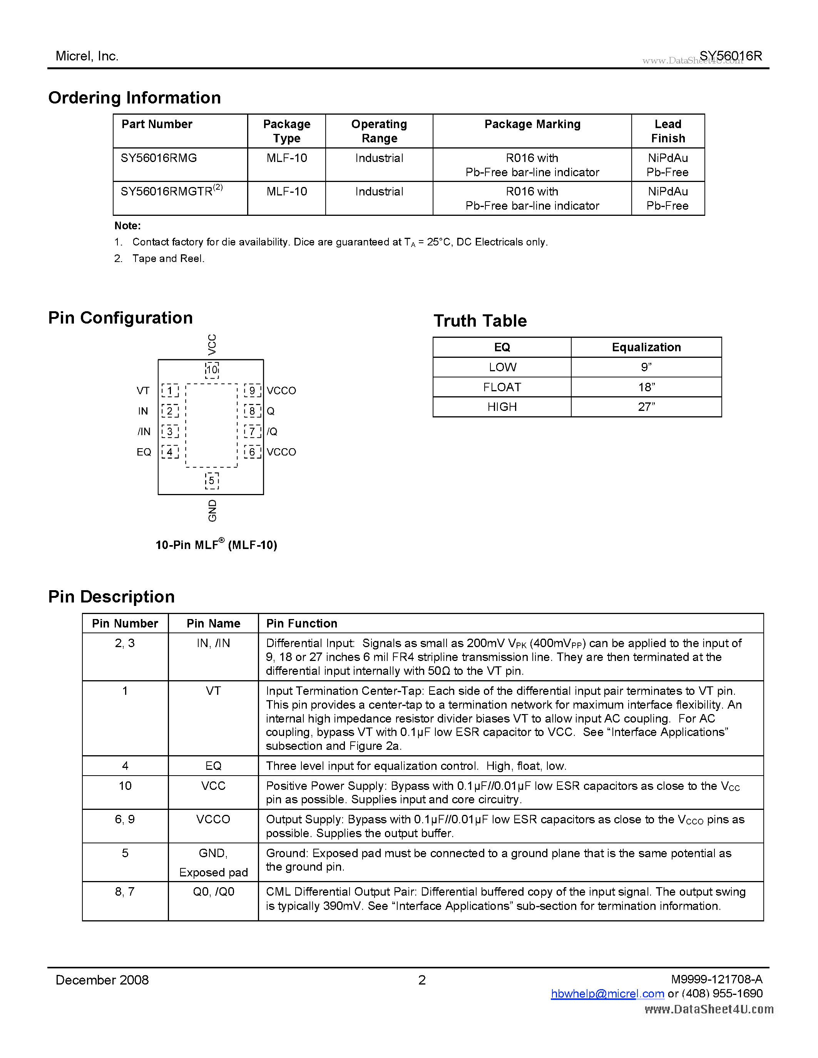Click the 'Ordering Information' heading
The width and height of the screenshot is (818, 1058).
(134, 97)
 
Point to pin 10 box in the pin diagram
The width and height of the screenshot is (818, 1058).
(212, 370)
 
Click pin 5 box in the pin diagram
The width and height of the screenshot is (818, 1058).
(212, 481)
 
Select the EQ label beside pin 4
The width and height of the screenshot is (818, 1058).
(144, 452)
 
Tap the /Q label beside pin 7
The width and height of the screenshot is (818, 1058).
(272, 432)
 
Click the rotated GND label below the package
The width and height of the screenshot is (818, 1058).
(212, 511)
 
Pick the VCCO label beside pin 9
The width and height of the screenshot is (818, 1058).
(281, 390)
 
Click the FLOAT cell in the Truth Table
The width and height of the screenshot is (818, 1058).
(502, 387)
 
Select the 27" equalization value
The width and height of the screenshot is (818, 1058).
(646, 407)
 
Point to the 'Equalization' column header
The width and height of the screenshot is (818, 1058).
(646, 347)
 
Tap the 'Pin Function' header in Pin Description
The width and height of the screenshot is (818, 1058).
(301, 624)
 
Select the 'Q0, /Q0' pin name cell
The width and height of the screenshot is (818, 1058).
(213, 891)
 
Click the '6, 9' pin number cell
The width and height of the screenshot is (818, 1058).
(125, 819)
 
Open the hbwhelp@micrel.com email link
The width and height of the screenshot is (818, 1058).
(607, 994)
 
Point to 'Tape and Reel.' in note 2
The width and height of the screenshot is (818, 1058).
(168, 258)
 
